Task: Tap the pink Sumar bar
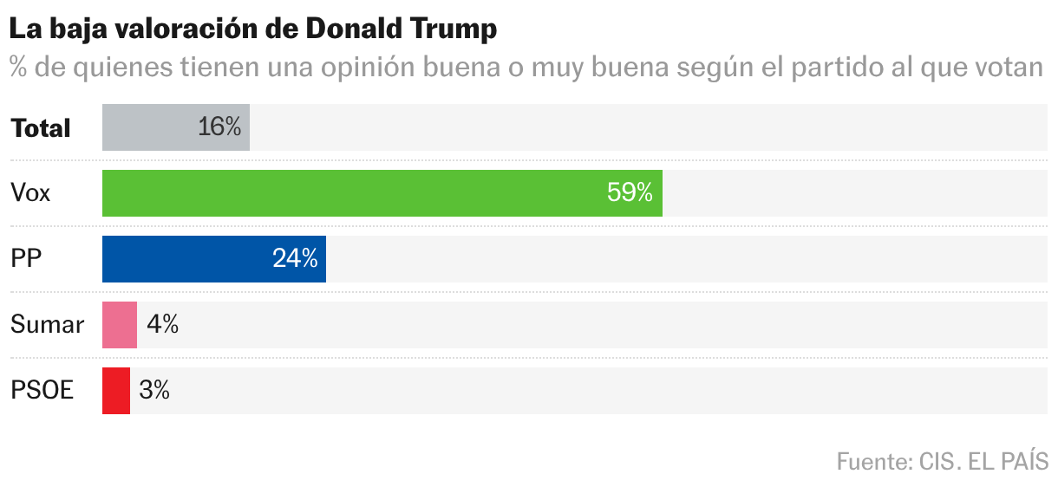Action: point(120,325)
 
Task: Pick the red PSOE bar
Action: point(116,391)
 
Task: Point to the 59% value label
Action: point(630,193)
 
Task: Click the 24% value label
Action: point(295,259)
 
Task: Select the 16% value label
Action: point(219,127)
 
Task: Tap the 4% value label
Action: point(162,325)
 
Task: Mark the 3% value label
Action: point(154,391)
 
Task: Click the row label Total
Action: point(41,128)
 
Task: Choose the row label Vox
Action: point(30,193)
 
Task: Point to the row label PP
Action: point(27,259)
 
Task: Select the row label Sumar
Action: point(47,325)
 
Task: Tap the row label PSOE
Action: point(42,391)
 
